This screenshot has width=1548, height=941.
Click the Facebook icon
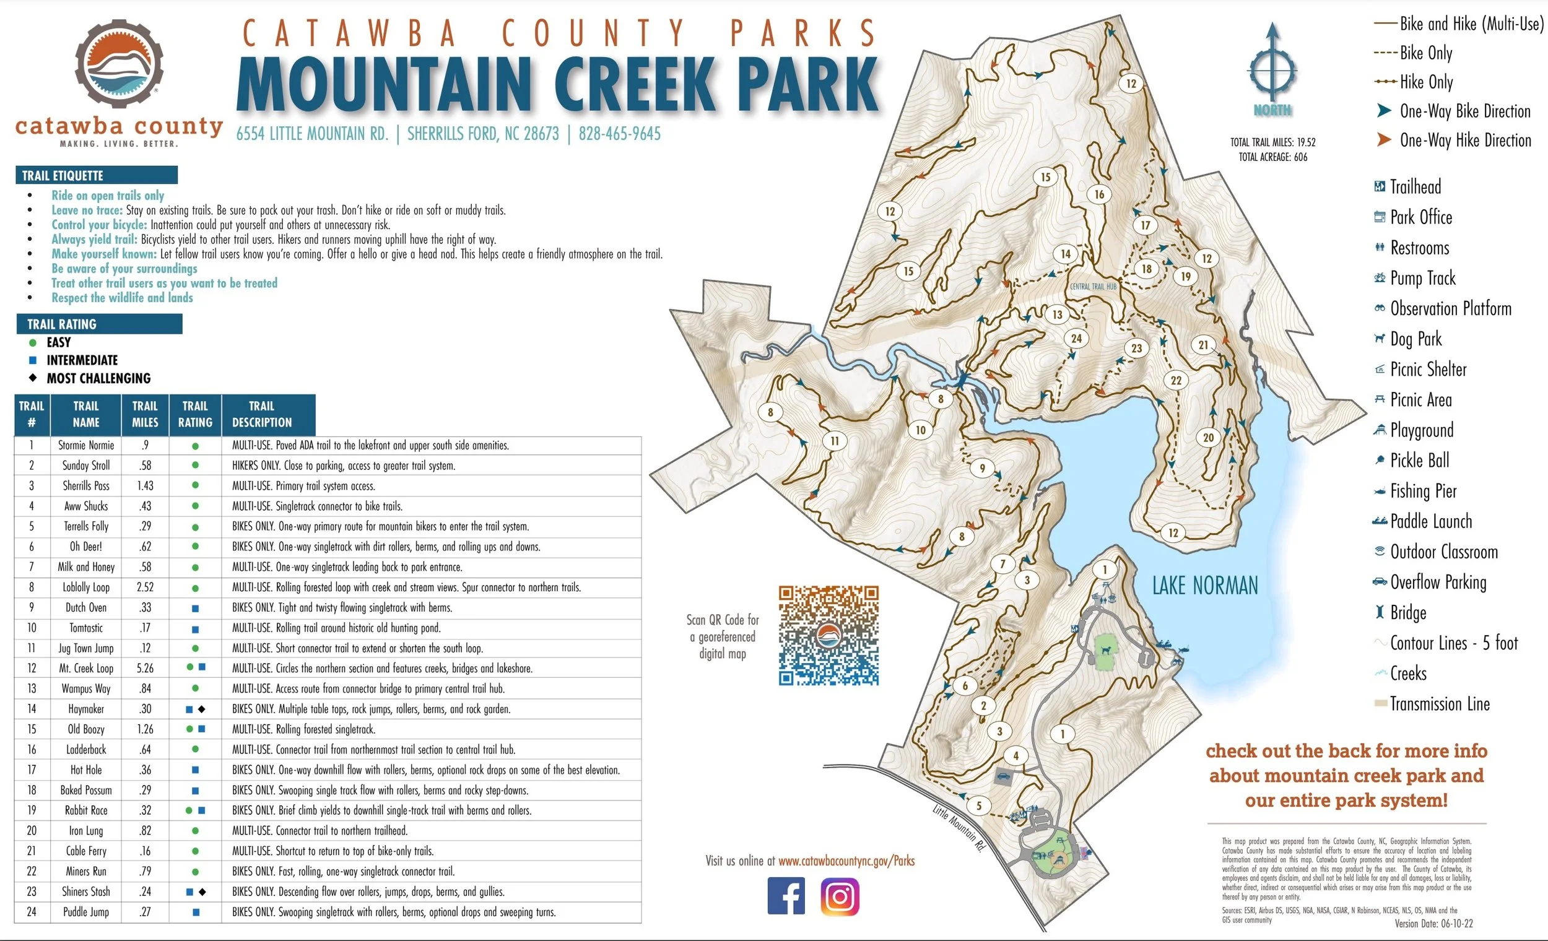click(786, 896)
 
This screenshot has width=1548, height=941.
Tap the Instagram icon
click(840, 896)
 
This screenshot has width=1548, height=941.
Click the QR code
click(828, 635)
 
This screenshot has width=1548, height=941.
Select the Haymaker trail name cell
click(86, 709)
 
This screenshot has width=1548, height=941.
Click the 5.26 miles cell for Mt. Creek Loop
click(145, 669)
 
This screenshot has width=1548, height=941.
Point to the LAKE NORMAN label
click(1204, 586)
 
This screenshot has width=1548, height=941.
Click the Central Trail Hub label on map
click(1093, 287)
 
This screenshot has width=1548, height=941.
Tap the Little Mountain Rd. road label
click(959, 828)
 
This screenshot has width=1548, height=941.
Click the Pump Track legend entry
click(1422, 277)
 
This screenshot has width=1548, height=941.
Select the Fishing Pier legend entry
click(1423, 490)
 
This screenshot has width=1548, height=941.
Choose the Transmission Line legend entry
click(1439, 703)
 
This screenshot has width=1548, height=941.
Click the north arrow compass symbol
click(1272, 69)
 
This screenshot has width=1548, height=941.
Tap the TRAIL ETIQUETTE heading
click(63, 175)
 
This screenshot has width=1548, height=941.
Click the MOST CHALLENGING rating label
click(98, 378)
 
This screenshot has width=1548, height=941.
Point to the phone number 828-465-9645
click(619, 134)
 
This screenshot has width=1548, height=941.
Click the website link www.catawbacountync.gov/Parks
click(846, 861)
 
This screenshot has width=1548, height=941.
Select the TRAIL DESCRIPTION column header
click(262, 414)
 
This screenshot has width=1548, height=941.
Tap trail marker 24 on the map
click(1076, 338)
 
